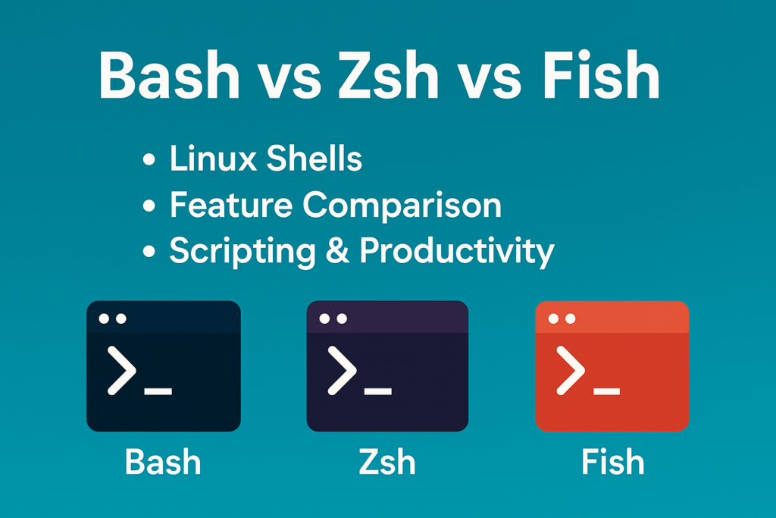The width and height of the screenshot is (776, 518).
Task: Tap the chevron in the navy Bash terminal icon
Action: click(122, 370)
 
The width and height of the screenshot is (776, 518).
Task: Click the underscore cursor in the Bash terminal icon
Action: click(158, 391)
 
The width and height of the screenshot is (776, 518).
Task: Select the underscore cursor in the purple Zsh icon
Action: click(377, 391)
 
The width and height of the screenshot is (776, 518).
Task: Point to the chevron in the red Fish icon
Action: click(571, 370)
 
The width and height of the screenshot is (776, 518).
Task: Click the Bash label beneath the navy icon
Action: click(163, 462)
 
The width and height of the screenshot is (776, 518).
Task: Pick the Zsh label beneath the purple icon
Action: click(387, 462)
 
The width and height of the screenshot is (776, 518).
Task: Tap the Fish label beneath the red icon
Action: click(612, 462)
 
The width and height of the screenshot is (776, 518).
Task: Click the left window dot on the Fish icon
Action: click(552, 319)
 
